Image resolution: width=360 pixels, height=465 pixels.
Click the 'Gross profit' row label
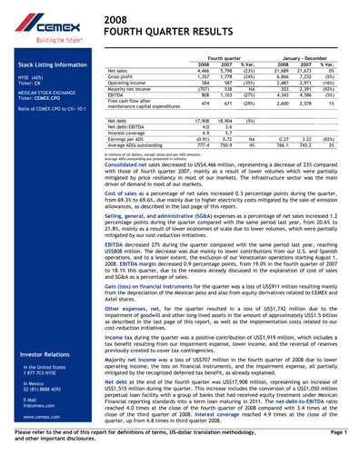[x=123, y=75]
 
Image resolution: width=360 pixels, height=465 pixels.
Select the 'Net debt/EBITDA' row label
[x=126, y=125]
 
